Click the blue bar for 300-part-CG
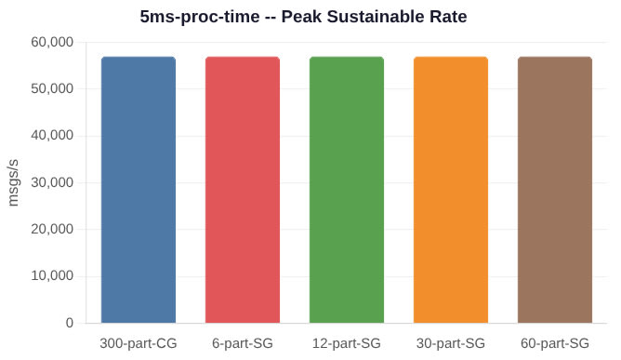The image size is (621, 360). click(139, 190)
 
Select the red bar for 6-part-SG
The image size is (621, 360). click(243, 190)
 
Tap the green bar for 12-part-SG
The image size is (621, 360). click(347, 190)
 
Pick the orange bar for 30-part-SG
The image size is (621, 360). click(451, 190)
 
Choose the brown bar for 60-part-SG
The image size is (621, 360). click(555, 190)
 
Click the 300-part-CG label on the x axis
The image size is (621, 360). click(139, 343)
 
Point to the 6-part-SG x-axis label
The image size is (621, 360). click(243, 343)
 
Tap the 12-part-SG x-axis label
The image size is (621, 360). click(347, 343)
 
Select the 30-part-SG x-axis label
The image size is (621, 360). click(451, 343)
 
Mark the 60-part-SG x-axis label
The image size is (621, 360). click(555, 343)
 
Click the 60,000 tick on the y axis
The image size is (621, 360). click(52, 42)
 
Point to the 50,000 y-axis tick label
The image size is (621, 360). click(52, 88)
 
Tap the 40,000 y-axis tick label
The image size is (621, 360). click(52, 136)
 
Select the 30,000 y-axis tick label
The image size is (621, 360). click(52, 182)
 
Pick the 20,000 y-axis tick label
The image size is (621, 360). click(52, 229)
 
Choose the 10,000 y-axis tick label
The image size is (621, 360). click(52, 276)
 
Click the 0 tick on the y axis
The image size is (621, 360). click(70, 323)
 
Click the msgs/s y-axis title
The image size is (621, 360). click(13, 182)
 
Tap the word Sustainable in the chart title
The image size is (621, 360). click(378, 17)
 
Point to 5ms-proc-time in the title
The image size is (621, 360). click(200, 17)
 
